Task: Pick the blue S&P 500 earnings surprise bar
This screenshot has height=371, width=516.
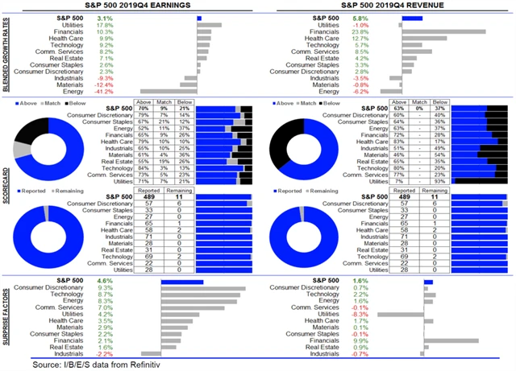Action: (181, 282)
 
